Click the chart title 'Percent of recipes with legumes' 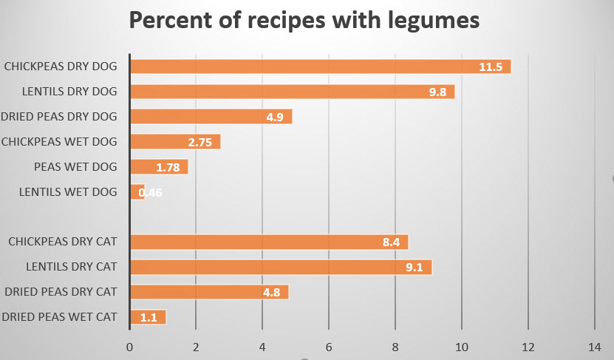point(304,20)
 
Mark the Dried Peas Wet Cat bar point(148,317)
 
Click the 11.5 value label point(490,67)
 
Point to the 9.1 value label point(414,268)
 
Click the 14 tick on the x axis point(595,347)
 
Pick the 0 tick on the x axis point(130,347)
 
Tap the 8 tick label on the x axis point(395,347)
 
